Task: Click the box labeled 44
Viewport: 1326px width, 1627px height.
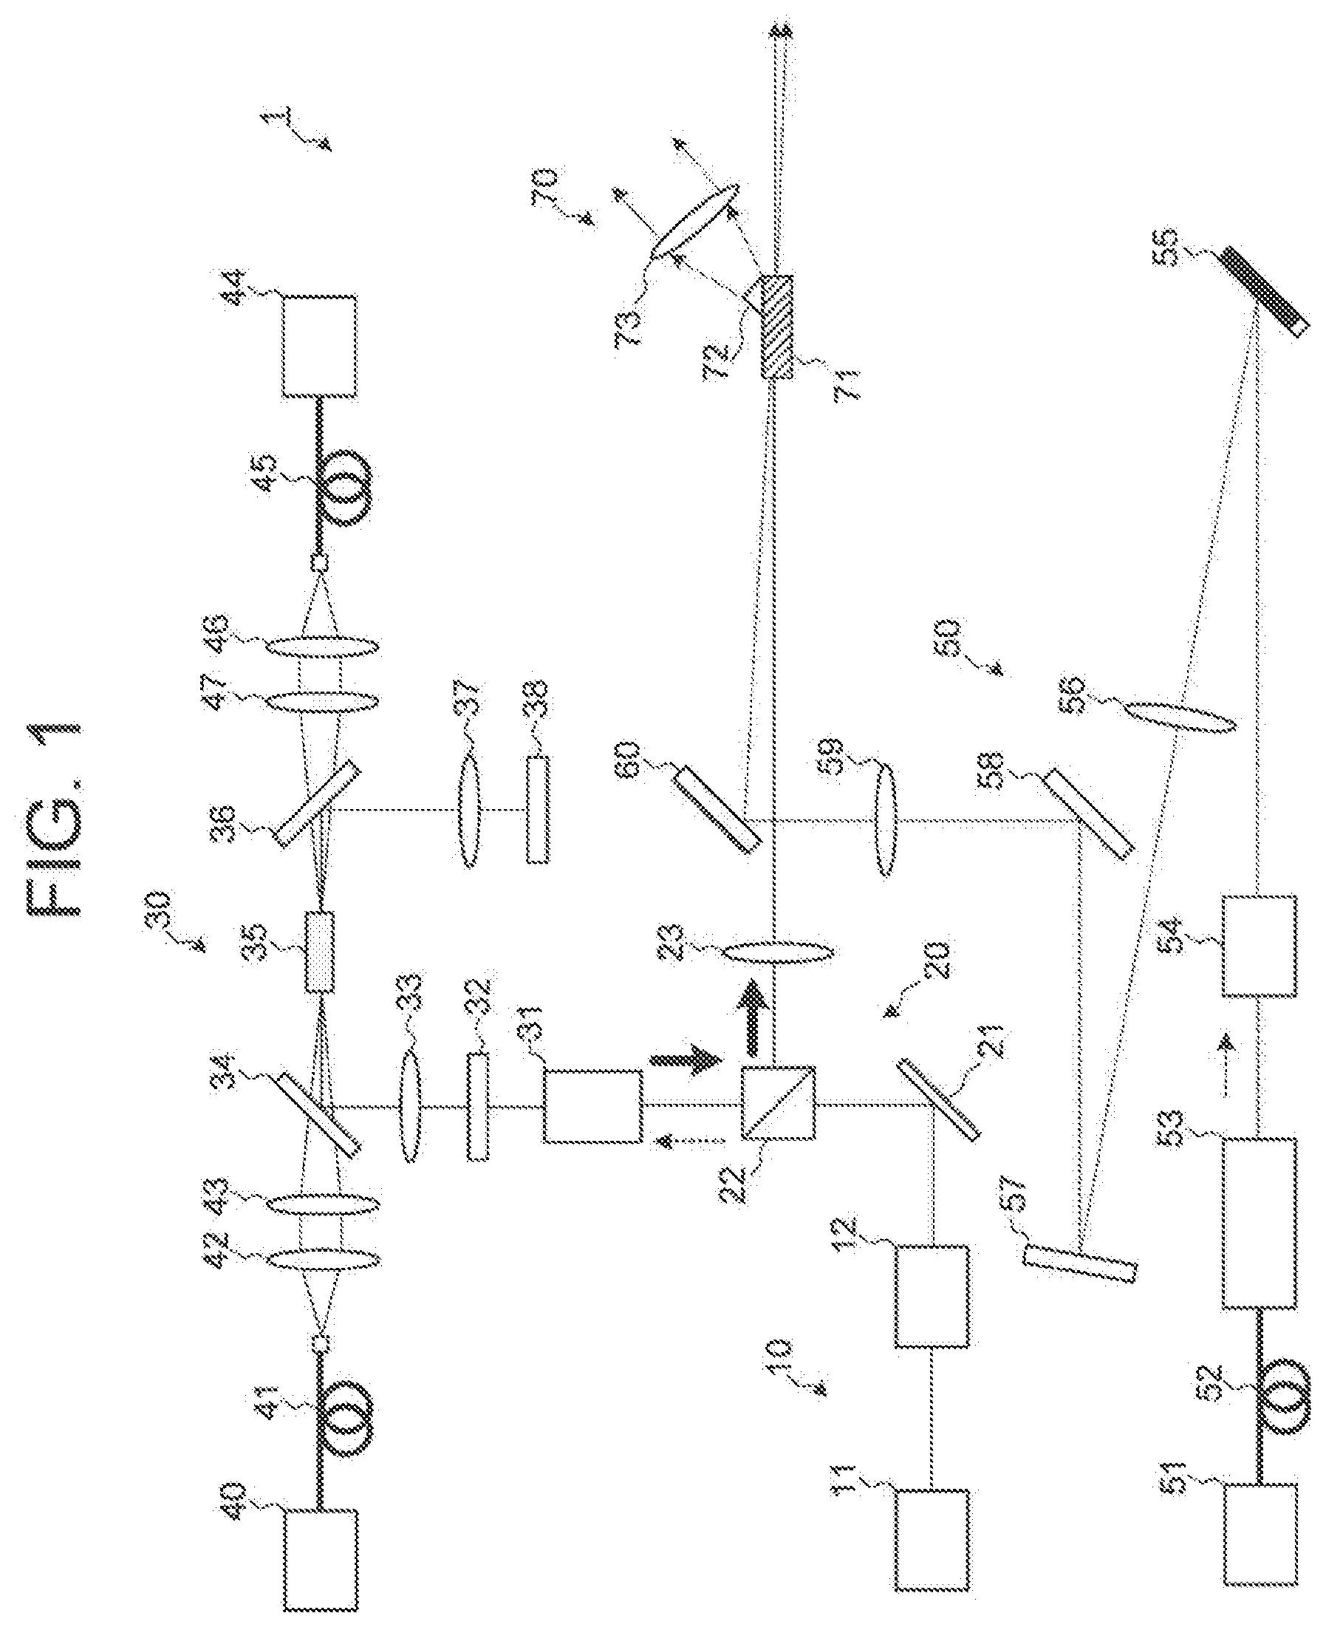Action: pos(319,346)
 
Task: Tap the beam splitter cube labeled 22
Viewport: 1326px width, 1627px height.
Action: pos(779,1105)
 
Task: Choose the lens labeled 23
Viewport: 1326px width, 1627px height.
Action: pos(776,952)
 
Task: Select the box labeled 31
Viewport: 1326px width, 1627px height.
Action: pos(592,1105)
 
